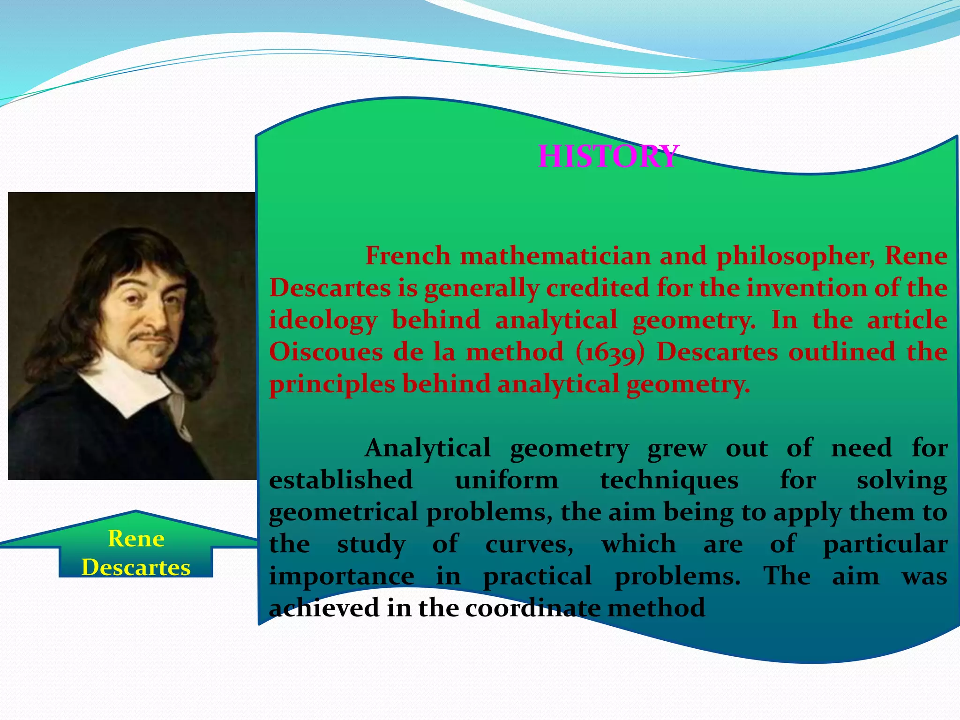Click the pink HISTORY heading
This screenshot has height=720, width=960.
(608, 156)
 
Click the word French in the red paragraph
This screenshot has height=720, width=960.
(407, 256)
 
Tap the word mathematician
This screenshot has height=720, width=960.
(555, 256)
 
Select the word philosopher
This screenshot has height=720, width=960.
(795, 257)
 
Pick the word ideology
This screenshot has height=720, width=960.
(323, 321)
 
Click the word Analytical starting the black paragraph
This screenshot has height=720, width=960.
(427, 448)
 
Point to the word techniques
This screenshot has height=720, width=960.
(669, 480)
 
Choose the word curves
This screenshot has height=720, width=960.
(529, 545)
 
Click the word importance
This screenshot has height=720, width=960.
(341, 576)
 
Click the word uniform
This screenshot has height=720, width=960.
(507, 480)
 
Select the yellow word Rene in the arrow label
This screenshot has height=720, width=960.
(136, 539)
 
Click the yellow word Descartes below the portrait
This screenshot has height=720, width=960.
(136, 567)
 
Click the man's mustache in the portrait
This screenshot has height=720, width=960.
(150, 336)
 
